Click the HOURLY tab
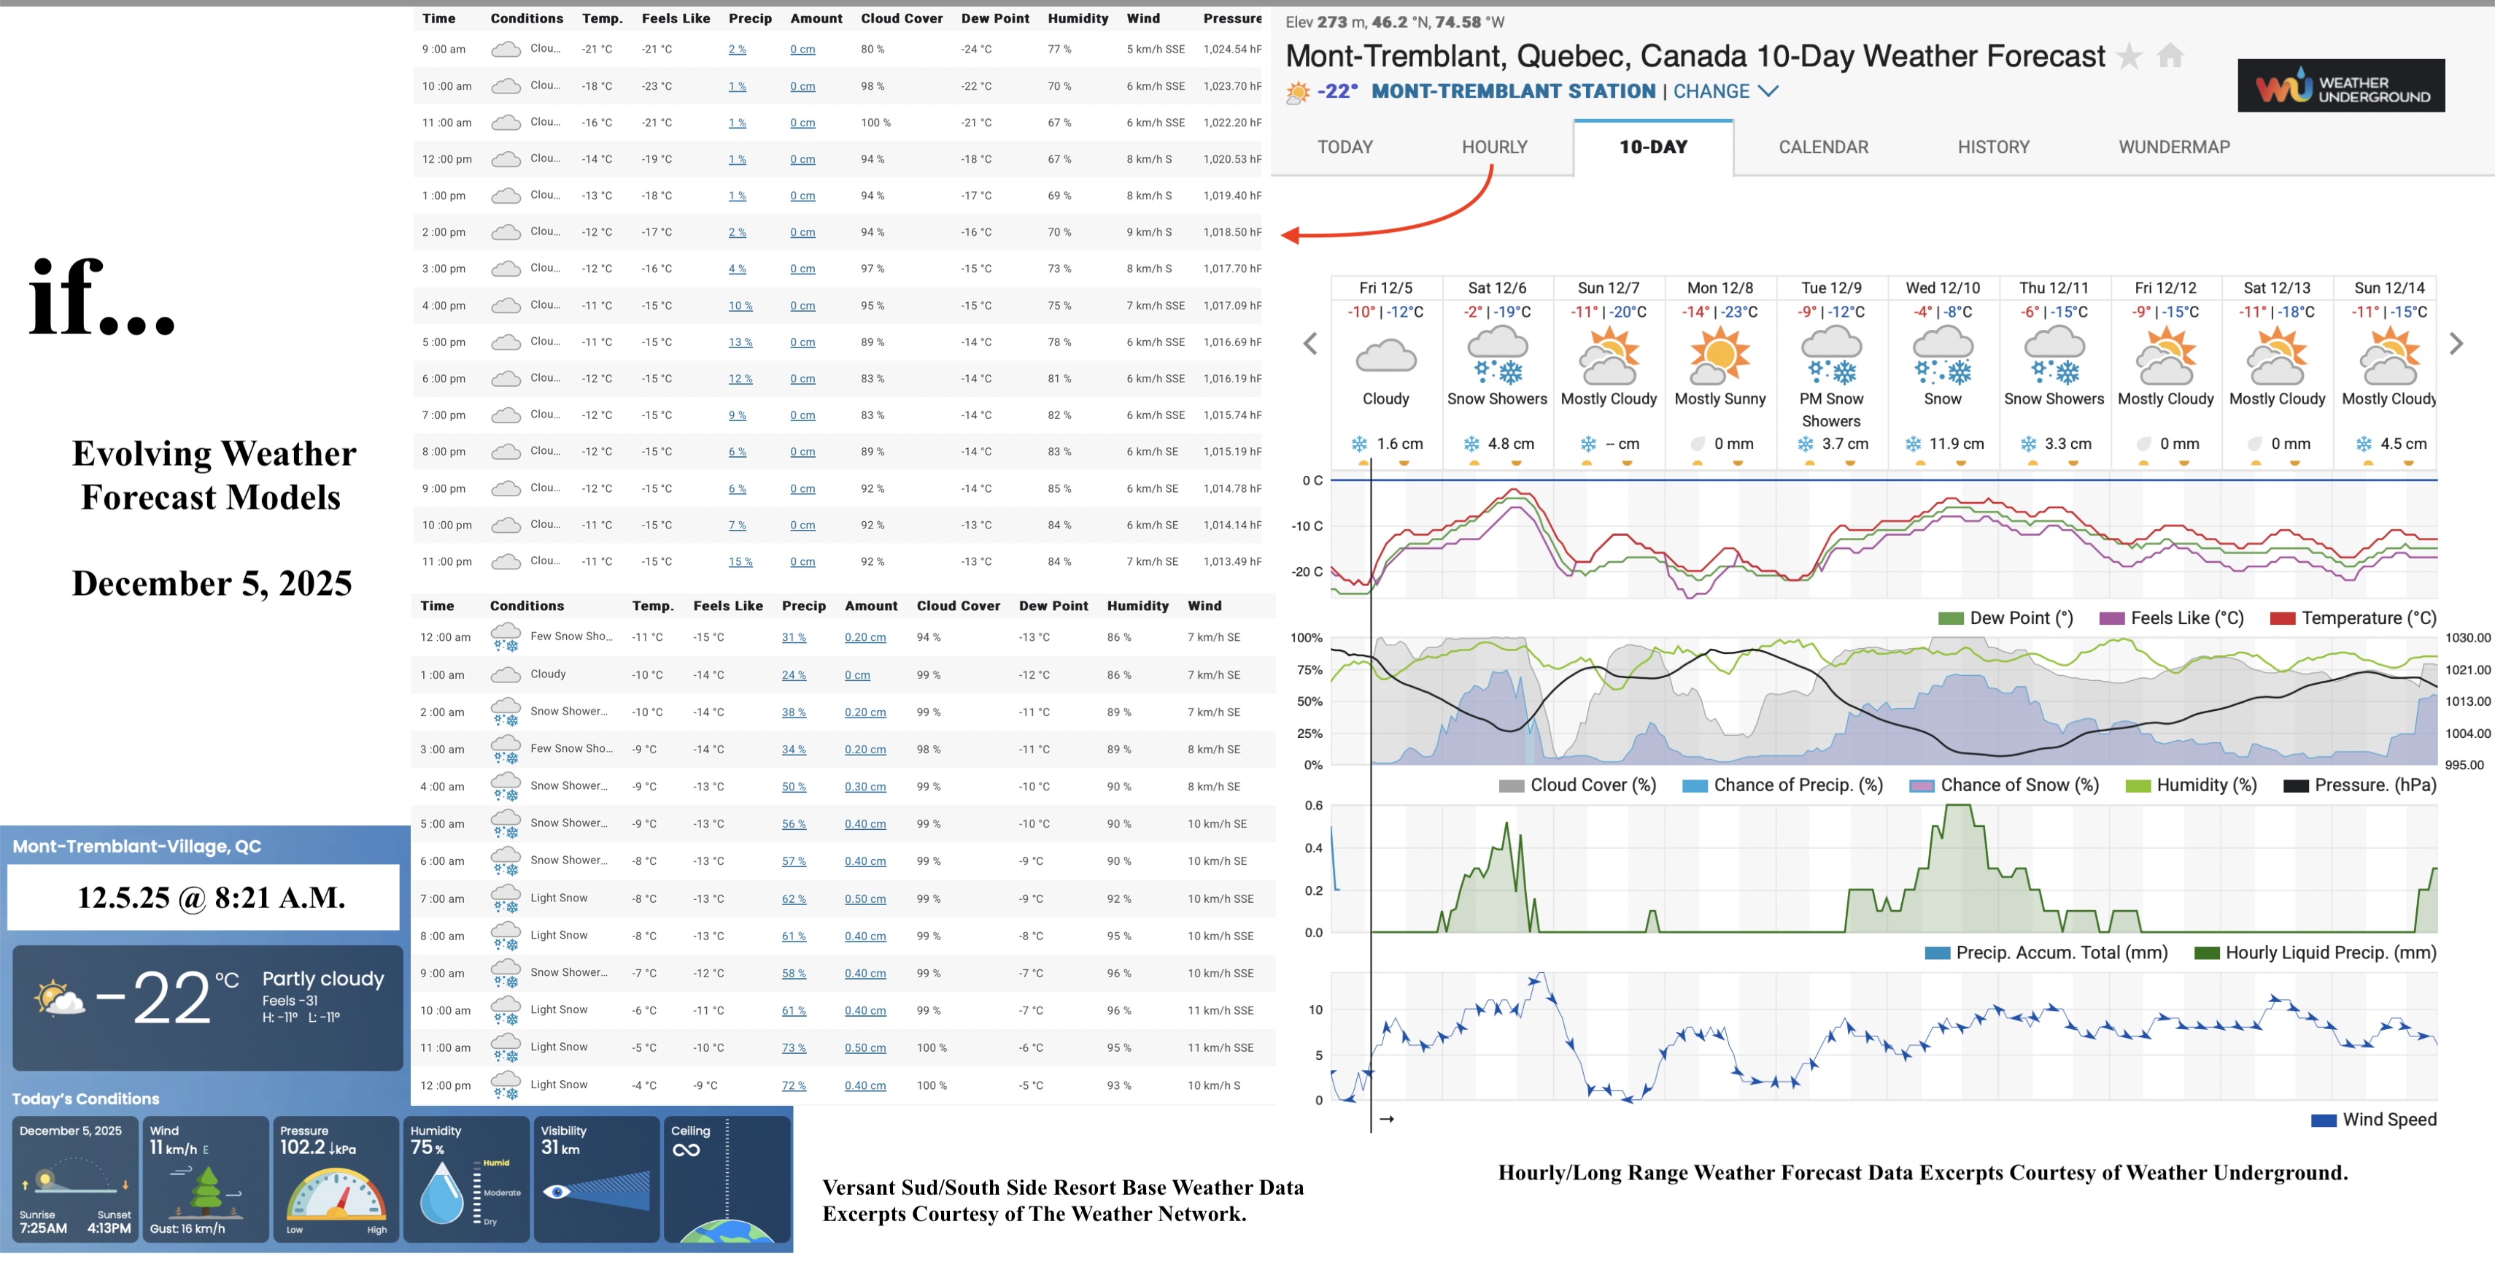(x=1493, y=147)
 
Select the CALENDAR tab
(x=1823, y=147)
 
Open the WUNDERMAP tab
(x=2173, y=147)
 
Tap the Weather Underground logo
(x=2340, y=87)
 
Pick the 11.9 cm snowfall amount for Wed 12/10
(x=1956, y=444)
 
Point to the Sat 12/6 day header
(x=1496, y=288)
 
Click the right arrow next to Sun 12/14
(x=2456, y=344)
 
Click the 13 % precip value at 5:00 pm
(x=740, y=342)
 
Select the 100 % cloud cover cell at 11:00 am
(x=875, y=123)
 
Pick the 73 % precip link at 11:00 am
(x=793, y=1047)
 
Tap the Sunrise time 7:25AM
(x=44, y=1228)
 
